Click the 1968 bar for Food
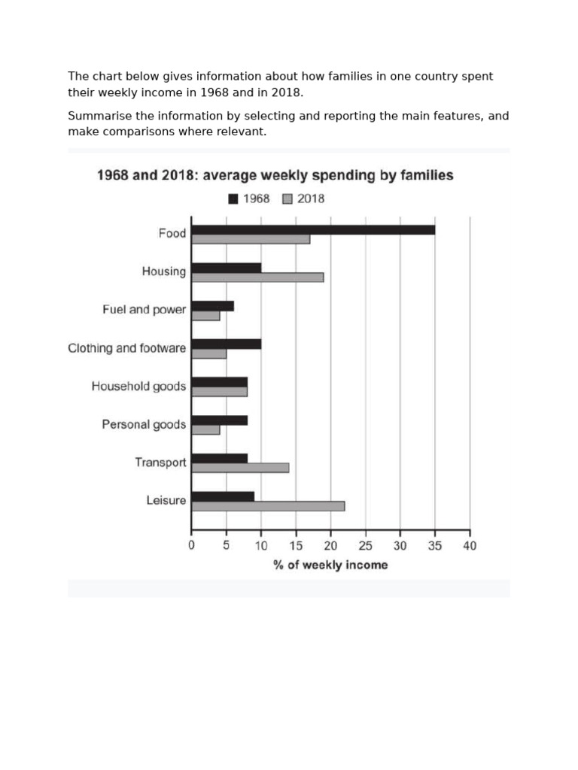tap(313, 229)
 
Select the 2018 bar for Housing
tap(257, 277)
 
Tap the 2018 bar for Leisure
tap(268, 506)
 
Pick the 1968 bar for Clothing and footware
tap(227, 344)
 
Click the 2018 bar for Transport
tap(240, 468)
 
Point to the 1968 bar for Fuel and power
tap(213, 305)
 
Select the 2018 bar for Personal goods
tap(205, 430)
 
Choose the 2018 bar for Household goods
tap(219, 392)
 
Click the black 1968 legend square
tap(233, 199)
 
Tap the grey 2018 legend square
tap(287, 199)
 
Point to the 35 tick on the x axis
tap(435, 546)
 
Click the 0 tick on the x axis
tap(192, 546)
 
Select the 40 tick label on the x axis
tap(470, 546)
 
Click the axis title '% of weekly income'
tap(330, 565)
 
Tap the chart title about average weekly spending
tap(275, 175)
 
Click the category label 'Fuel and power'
tap(144, 310)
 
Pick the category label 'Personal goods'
tap(144, 425)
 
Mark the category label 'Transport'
tap(160, 462)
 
